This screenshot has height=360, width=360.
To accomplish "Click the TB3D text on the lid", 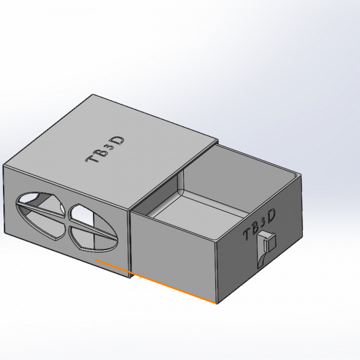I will [x=105, y=149].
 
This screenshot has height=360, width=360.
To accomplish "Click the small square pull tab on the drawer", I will [x=270, y=241].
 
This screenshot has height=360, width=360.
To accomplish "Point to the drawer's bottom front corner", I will [x=216, y=303].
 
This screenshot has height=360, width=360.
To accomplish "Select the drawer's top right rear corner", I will [x=301, y=175].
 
